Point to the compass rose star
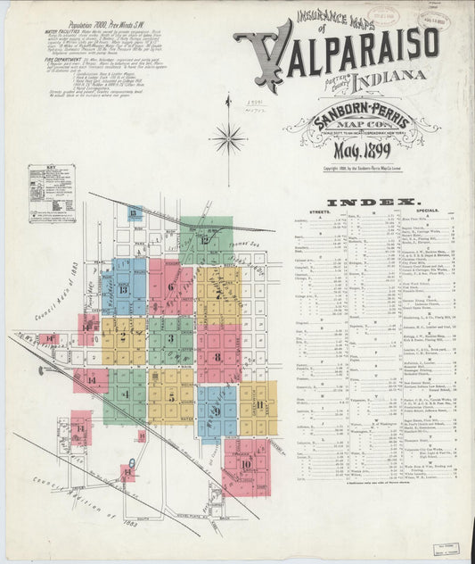[x=229, y=138]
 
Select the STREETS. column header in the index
[x=321, y=211]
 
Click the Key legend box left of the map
[x=51, y=192]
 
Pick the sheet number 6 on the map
[x=169, y=286]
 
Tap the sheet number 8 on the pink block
[x=217, y=356]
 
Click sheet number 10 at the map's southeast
[x=244, y=462]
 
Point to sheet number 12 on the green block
[x=205, y=239]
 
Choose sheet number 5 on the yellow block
[x=170, y=396]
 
